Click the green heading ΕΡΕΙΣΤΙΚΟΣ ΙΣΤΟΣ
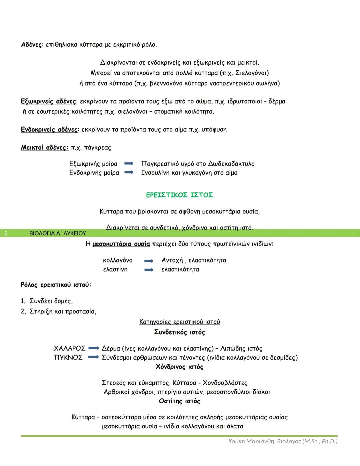[x=179, y=195]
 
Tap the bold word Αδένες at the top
[x=32, y=45]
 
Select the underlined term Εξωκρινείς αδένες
[x=48, y=101]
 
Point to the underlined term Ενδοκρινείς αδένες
[x=49, y=130]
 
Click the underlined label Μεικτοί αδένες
[x=44, y=148]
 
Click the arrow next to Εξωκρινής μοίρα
[x=129, y=164]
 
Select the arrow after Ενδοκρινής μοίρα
[x=129, y=173]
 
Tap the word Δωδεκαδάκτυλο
[x=231, y=164]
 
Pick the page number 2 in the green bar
[x=6, y=234]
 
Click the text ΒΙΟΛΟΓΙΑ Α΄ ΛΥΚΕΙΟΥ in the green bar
[x=58, y=234]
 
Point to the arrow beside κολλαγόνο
[x=149, y=261]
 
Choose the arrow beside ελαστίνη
[x=149, y=270]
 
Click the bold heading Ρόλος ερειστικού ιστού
[x=56, y=285]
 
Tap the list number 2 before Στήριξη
[x=23, y=312]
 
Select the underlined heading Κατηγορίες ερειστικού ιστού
[x=180, y=322]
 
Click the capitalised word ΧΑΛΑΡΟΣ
[x=69, y=349]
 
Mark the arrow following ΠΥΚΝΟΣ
[x=94, y=358]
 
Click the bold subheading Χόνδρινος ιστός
[x=179, y=367]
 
